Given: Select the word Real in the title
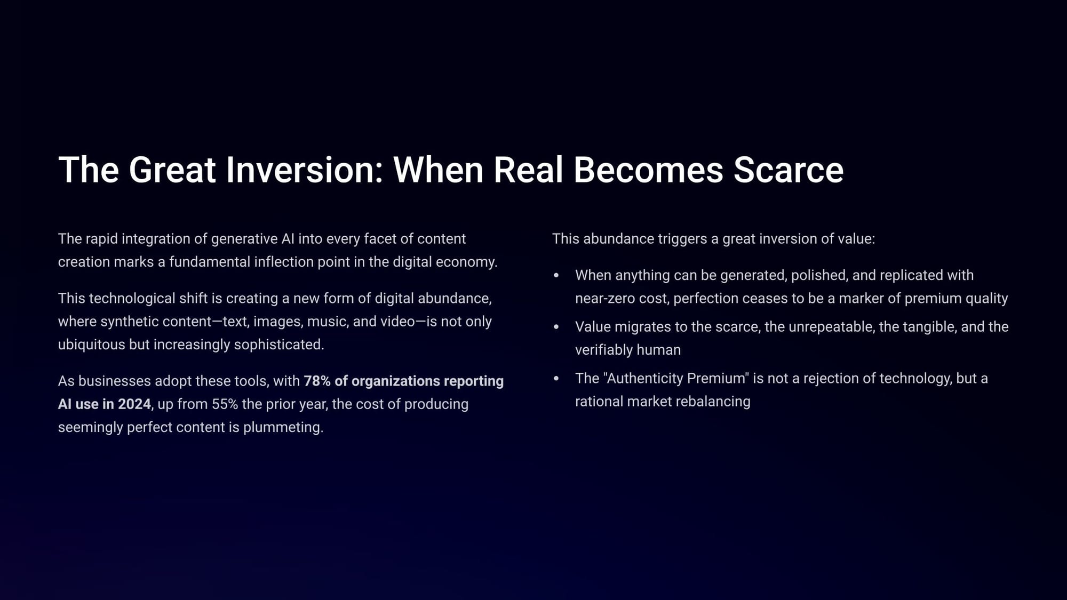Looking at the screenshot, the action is (528, 170).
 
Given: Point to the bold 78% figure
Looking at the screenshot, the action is (317, 381).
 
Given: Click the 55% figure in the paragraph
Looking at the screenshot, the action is (225, 404).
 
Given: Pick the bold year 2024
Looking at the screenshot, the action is (134, 404).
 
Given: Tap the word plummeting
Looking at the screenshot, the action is (283, 427).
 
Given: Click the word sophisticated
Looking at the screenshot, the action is (279, 345).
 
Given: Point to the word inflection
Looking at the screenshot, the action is (283, 261).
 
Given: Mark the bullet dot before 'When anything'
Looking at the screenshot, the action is (556, 275).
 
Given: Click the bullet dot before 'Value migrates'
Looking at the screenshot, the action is (556, 327).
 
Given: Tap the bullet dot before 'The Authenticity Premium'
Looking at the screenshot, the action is (556, 379).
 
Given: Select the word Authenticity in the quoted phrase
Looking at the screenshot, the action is (644, 378).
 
